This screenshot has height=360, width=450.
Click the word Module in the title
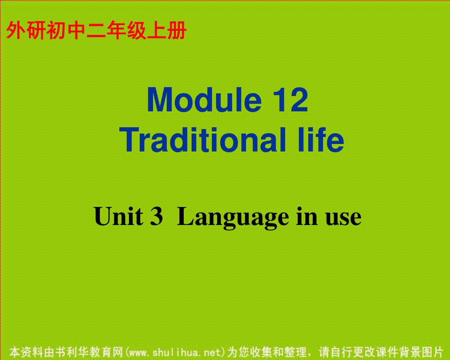pyautogui.click(x=204, y=100)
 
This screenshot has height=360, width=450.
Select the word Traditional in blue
pyautogui.click(x=202, y=139)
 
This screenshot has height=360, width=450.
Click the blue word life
pyautogui.click(x=321, y=139)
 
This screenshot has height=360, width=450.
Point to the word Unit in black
pyautogui.click(x=118, y=216)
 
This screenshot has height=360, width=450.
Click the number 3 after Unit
pyautogui.click(x=156, y=216)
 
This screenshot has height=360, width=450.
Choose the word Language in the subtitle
pyautogui.click(x=233, y=218)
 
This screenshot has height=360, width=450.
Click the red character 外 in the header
pyautogui.click(x=15, y=30)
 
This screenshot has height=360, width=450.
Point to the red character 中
pyautogui.click(x=76, y=30)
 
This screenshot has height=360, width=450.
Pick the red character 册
pyautogui.click(x=177, y=30)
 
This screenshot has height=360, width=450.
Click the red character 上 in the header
pyautogui.click(x=157, y=30)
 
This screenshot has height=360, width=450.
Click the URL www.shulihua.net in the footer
pyautogui.click(x=175, y=352)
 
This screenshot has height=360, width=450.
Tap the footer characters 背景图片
pyautogui.click(x=421, y=352)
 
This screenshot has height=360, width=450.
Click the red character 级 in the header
pyautogui.click(x=136, y=30)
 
